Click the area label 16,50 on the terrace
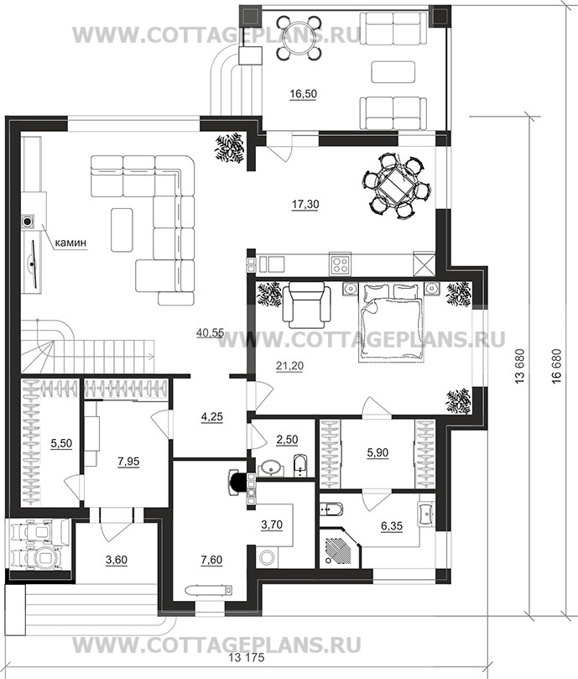[304, 93]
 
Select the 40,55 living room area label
[210, 332]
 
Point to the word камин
[70, 243]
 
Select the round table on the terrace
[299, 37]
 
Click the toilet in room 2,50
[299, 465]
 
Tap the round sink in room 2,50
[272, 468]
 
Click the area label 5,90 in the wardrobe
[378, 453]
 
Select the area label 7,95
[128, 462]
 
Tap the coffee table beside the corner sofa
[122, 229]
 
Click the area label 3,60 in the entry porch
[117, 560]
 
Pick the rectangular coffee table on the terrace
[393, 71]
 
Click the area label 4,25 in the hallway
[212, 417]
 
